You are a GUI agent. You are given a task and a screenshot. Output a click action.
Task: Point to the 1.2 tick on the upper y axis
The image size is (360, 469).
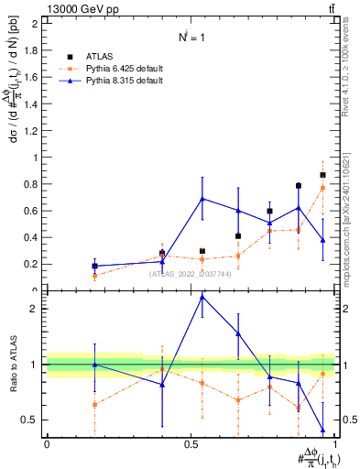point(32,130)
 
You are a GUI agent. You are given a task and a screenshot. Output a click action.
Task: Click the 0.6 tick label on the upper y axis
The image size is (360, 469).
point(32,211)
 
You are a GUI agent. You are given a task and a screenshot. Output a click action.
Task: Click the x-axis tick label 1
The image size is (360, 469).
point(336,444)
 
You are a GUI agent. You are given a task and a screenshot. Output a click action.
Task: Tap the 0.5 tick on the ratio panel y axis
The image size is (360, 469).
point(32,420)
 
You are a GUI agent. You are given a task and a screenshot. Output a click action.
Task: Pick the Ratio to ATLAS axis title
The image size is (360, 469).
point(14,365)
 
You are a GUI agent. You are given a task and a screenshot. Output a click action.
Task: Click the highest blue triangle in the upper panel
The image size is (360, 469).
point(202,199)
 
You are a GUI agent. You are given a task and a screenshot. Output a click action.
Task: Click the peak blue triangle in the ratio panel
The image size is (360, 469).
point(202,297)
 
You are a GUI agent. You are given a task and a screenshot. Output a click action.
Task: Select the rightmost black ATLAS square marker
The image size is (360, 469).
point(322,175)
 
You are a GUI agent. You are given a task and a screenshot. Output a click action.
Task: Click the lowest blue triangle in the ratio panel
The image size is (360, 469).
point(322,430)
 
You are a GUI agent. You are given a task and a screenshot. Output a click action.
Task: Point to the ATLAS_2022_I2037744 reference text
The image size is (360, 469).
point(192,273)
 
